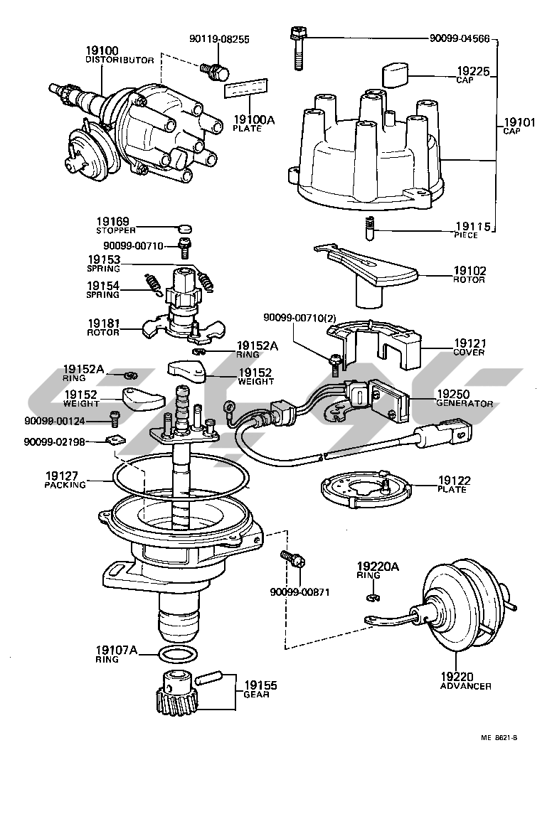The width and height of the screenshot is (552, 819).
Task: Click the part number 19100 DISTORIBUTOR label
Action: tap(119, 55)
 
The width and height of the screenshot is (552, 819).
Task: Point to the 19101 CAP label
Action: tap(519, 127)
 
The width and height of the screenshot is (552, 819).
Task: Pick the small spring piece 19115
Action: tap(370, 228)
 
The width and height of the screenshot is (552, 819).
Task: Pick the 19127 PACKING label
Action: tap(65, 481)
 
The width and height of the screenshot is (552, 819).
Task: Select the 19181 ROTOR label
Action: tap(104, 327)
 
